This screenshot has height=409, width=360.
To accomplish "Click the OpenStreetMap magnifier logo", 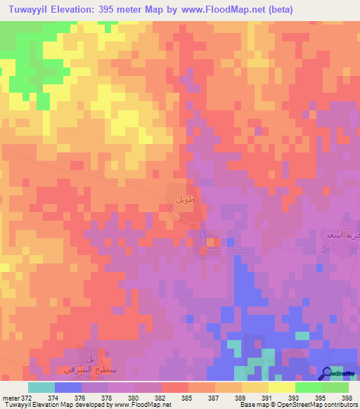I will point(328,373).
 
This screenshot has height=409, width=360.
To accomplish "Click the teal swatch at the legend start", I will point(41,387).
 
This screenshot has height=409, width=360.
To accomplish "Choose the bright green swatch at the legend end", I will point(335,387).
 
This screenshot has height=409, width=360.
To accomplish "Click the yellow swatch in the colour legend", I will point(255,387).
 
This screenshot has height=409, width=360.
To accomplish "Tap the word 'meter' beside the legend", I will point(10,398).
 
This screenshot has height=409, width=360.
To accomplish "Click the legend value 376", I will point(81,398).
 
